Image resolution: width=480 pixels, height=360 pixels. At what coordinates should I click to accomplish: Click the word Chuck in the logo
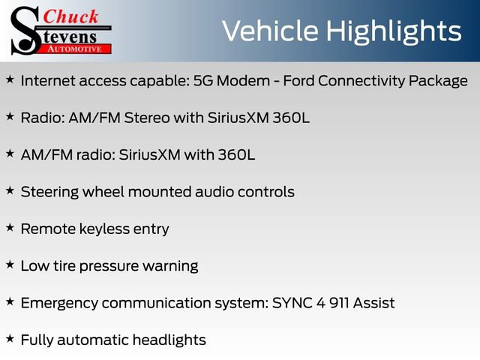pyautogui.click(x=71, y=16)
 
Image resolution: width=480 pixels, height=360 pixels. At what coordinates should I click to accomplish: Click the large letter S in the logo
pyautogui.click(x=24, y=30)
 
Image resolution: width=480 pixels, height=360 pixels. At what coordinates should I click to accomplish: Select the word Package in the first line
pyautogui.click(x=438, y=80)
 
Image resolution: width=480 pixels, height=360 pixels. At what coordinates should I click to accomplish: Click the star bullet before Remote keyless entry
pyautogui.click(x=10, y=227)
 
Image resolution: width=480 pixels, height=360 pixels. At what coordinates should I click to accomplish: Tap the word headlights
pyautogui.click(x=169, y=340)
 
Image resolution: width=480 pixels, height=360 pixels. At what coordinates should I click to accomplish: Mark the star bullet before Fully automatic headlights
pyautogui.click(x=10, y=338)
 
